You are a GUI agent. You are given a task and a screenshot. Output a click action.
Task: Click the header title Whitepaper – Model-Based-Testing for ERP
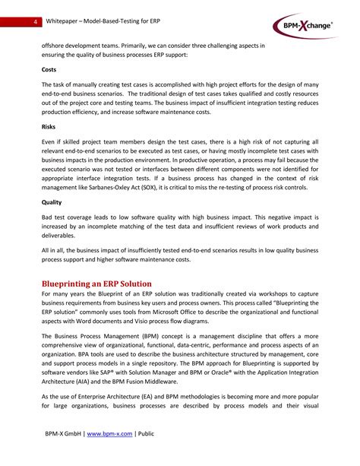coord(108,21)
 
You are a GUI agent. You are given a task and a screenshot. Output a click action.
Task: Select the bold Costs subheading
coord(51,69)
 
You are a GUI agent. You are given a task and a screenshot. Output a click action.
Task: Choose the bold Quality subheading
coord(53,203)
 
